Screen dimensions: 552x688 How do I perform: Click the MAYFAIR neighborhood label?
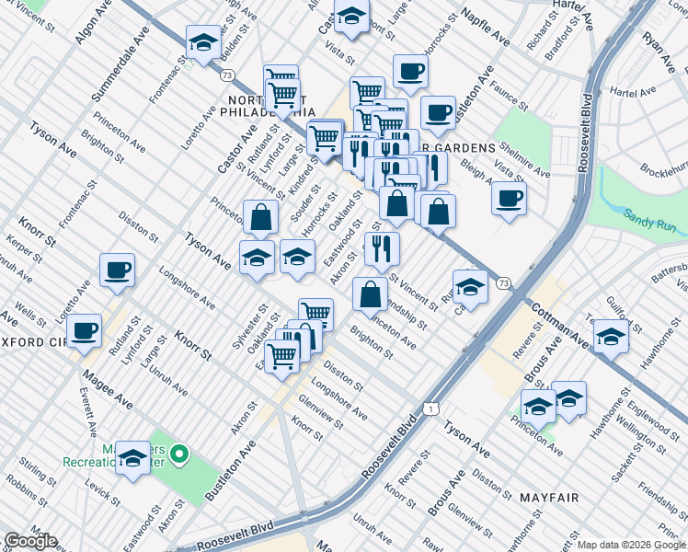coord(549,498)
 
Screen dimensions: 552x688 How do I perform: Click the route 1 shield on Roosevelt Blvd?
coord(430,407)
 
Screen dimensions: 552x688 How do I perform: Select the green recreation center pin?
coord(180,454)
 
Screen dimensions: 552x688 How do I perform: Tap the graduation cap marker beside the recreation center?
coord(133,459)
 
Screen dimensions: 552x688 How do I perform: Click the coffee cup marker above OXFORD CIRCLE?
coord(85,330)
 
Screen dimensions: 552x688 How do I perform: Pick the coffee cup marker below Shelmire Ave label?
coord(508,199)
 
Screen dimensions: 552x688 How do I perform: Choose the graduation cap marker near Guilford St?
coord(611,337)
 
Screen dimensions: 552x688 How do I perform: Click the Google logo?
coord(30,541)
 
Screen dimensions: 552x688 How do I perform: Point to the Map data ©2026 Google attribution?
coord(631,545)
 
